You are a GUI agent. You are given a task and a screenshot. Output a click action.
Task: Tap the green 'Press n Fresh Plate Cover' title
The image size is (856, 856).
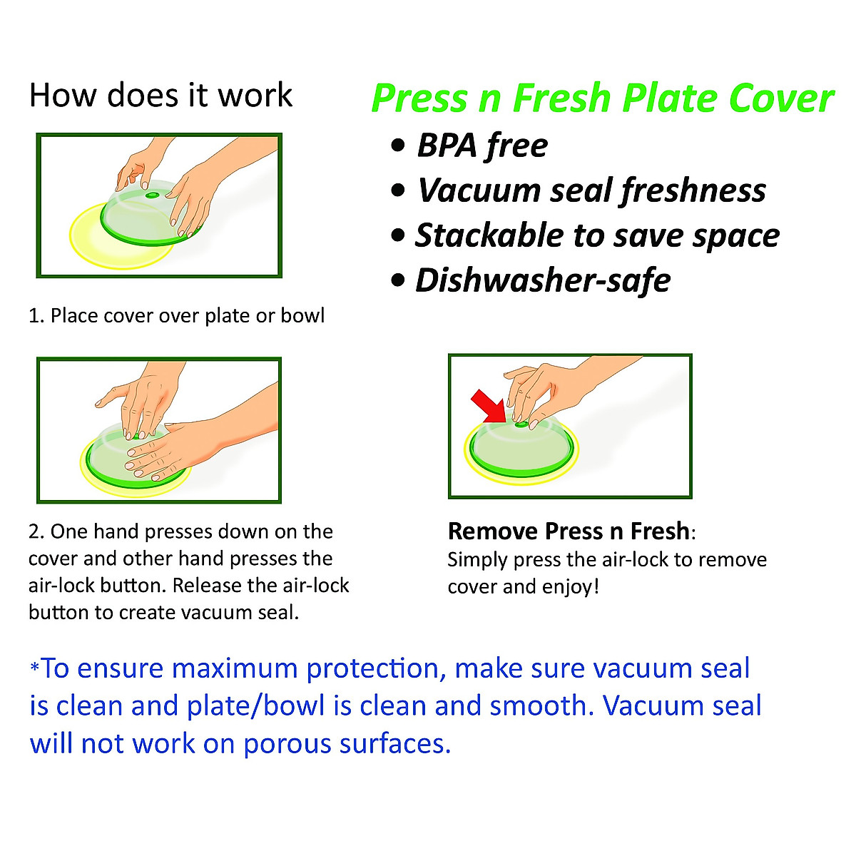click(603, 98)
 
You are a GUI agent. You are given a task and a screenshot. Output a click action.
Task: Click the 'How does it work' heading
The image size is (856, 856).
click(160, 95)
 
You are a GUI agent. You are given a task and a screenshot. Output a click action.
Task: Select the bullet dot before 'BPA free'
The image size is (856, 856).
click(398, 145)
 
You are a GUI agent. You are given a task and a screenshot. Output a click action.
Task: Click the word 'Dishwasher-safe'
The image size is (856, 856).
click(543, 280)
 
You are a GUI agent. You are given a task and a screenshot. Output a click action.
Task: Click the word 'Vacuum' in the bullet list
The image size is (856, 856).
click(479, 190)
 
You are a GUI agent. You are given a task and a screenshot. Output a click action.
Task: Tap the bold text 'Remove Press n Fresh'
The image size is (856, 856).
click(569, 531)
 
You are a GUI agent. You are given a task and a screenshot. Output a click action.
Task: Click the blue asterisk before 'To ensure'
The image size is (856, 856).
click(35, 668)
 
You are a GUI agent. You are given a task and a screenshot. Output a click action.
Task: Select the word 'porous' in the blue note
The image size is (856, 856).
click(287, 743)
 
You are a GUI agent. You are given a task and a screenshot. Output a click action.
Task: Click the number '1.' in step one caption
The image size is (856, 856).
click(36, 316)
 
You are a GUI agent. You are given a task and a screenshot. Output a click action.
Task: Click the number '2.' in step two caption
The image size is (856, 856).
click(36, 531)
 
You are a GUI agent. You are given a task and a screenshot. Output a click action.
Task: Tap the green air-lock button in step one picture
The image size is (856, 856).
click(153, 195)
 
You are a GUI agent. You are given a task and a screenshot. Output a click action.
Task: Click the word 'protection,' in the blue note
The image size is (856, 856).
click(377, 668)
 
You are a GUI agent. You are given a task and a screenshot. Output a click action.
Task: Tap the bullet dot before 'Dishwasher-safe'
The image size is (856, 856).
click(398, 280)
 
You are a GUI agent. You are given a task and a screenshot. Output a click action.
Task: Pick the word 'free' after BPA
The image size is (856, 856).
click(517, 145)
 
